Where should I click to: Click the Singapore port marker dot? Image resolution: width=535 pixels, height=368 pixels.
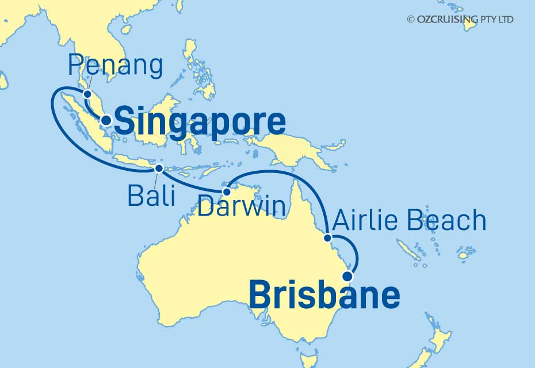point(106,121)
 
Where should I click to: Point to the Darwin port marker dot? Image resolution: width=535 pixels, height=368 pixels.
point(227,191)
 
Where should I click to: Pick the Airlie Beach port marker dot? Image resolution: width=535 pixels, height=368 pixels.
point(327,237)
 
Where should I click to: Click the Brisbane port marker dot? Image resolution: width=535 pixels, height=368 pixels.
point(347,275)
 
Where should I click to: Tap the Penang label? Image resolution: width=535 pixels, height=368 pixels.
point(115,66)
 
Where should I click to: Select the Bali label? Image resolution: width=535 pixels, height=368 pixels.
point(151,197)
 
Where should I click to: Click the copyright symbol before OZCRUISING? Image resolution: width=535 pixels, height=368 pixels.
point(411,20)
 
